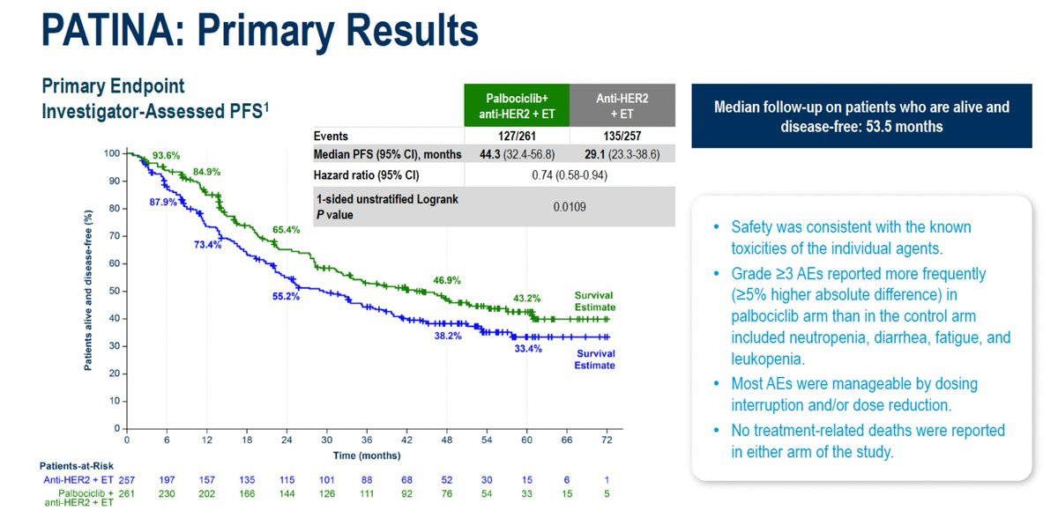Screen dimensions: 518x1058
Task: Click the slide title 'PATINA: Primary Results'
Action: click(260, 30)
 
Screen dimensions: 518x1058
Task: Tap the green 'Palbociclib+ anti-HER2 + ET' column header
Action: click(517, 107)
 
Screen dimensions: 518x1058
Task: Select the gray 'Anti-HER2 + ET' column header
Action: click(622, 107)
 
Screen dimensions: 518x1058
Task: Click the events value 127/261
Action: click(517, 137)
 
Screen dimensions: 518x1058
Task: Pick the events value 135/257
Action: click(622, 137)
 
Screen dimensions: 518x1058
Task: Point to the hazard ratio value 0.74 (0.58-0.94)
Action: click(570, 174)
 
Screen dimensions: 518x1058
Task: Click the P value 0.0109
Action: click(570, 207)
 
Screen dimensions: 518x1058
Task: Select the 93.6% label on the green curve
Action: click(166, 156)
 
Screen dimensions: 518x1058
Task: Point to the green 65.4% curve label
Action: click(286, 230)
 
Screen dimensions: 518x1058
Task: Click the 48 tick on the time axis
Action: click(446, 440)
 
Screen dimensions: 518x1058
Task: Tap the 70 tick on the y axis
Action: click(113, 236)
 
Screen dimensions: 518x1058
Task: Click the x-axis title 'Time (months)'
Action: click(366, 455)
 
